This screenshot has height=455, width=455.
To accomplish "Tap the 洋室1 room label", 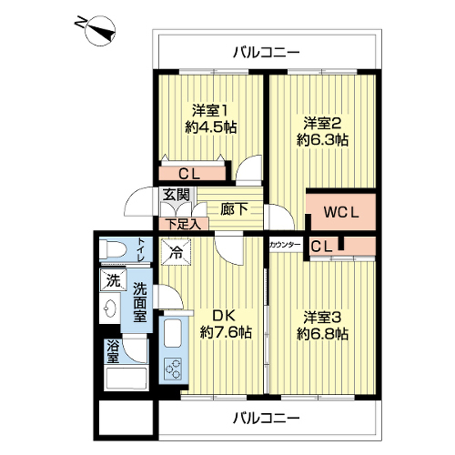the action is (x=210, y=110).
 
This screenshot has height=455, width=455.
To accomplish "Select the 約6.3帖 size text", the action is (x=322, y=140).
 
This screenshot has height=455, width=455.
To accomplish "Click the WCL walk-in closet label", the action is (x=341, y=212).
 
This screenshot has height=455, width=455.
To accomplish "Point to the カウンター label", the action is (x=285, y=245).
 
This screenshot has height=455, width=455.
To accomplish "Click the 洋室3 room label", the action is (x=322, y=318).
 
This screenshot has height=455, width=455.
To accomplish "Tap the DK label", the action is (x=224, y=316).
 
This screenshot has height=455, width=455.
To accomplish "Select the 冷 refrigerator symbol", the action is (x=176, y=252).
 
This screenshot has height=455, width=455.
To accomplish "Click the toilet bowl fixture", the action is (x=113, y=249).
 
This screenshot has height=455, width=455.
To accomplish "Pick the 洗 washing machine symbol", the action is (x=113, y=280).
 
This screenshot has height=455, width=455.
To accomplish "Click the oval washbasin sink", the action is (x=110, y=308).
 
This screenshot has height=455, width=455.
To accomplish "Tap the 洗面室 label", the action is (x=140, y=302).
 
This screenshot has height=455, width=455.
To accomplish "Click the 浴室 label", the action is (x=113, y=352).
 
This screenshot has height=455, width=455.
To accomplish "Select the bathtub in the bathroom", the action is (x=126, y=379).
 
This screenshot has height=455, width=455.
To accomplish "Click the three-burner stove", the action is (x=172, y=368).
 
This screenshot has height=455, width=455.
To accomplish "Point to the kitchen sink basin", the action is (x=173, y=333).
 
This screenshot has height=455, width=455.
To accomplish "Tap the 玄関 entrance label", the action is (x=176, y=195).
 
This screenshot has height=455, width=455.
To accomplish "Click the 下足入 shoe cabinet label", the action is (x=184, y=225).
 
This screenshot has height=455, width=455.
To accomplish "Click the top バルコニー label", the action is (x=266, y=53).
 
